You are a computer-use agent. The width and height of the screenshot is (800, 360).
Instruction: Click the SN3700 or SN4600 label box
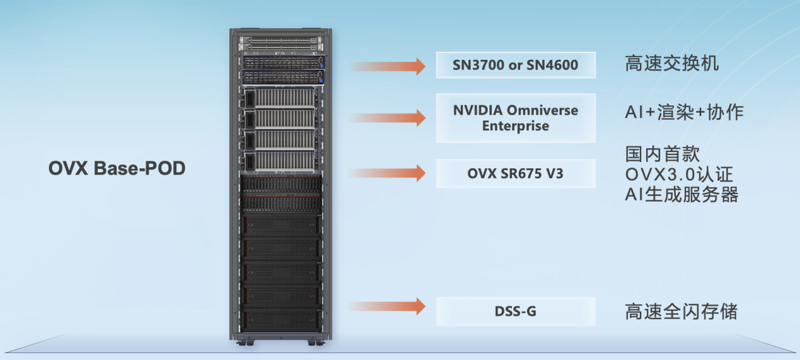click(x=516, y=65)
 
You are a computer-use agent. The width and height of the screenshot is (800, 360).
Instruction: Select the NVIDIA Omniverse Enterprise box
click(x=516, y=119)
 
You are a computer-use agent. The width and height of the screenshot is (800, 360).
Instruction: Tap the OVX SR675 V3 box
click(x=516, y=173)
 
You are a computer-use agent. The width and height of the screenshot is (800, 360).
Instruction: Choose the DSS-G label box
click(x=516, y=311)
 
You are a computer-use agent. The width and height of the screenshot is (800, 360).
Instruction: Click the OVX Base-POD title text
click(x=117, y=168)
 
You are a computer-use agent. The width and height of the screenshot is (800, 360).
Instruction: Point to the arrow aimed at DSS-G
click(x=387, y=306)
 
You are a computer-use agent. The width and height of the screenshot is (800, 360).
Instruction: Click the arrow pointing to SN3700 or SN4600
click(x=387, y=66)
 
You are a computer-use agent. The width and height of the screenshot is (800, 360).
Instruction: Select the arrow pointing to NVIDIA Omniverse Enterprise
click(x=387, y=118)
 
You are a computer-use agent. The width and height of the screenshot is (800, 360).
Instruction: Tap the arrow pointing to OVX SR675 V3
click(x=387, y=173)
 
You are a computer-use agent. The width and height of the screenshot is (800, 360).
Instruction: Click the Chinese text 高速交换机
click(x=672, y=64)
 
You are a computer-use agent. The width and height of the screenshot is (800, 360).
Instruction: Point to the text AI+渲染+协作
click(x=684, y=112)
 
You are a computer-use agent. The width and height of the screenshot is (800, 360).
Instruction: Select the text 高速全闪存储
click(x=681, y=311)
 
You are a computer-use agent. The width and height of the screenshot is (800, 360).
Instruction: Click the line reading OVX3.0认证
click(x=678, y=174)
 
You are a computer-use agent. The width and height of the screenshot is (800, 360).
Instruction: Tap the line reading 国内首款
click(x=663, y=154)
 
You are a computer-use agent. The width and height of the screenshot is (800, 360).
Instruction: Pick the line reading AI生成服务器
click(x=681, y=195)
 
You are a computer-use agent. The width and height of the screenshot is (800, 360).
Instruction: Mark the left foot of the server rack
click(x=245, y=343)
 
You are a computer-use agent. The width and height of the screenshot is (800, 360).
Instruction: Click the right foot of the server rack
click(x=316, y=343)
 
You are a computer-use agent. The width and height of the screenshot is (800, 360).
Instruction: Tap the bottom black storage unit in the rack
click(x=281, y=320)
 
